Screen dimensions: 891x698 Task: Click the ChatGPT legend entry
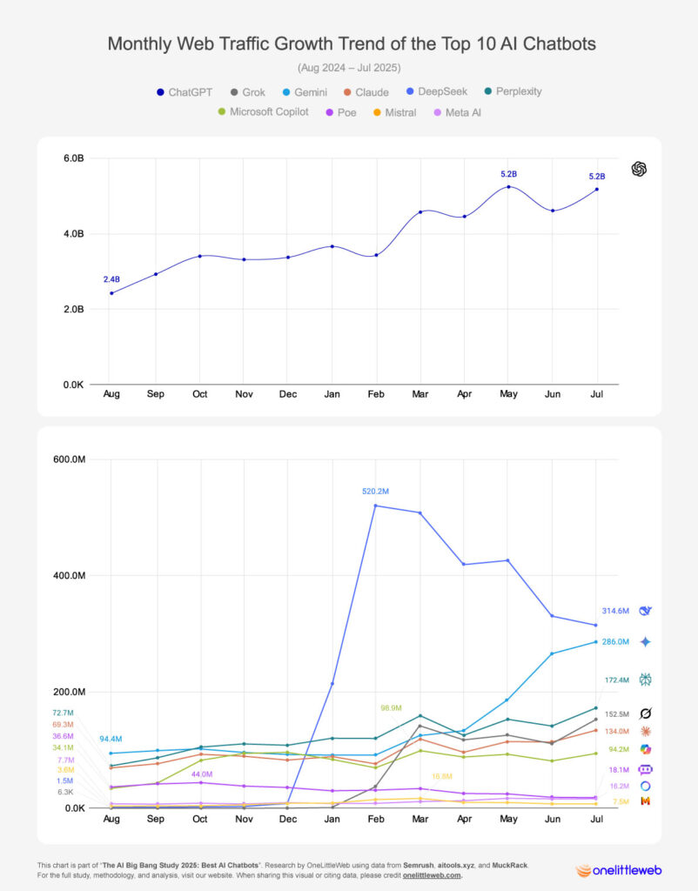pos(184,91)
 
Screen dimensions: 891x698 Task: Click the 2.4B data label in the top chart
pos(111,279)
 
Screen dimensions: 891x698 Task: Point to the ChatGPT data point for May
pos(508,187)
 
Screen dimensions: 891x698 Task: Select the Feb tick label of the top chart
pos(375,394)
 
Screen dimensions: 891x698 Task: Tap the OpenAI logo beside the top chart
pos(640,169)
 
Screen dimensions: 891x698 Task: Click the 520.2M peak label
pos(375,492)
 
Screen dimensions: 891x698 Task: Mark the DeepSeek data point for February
pos(375,506)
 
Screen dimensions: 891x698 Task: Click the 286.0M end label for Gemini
pos(615,642)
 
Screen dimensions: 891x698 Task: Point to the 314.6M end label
pos(615,611)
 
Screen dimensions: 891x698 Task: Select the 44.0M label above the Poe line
pos(202,774)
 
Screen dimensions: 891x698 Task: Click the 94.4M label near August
pos(111,740)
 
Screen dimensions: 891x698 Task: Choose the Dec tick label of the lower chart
pos(287,819)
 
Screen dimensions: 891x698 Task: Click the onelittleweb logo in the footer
pos(621,869)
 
